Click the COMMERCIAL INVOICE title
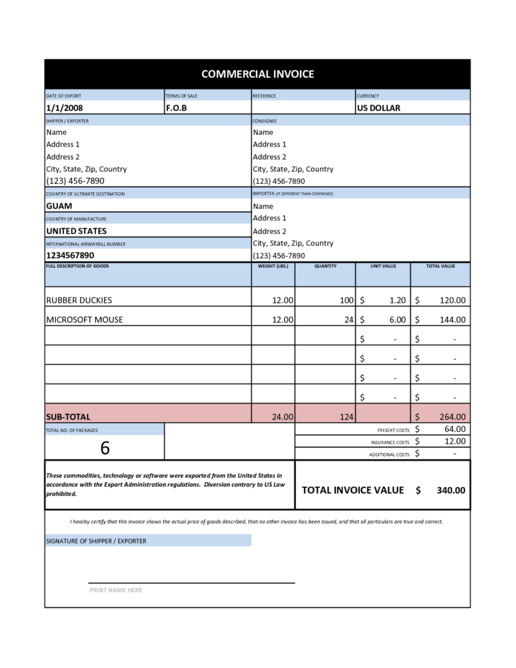click(257, 74)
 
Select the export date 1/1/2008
click(65, 108)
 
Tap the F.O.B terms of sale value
click(176, 108)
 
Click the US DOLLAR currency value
click(378, 108)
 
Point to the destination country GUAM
click(59, 206)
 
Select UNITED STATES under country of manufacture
click(76, 231)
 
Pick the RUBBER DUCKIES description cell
click(78, 300)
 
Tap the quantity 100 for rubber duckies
click(345, 300)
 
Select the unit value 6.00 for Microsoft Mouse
click(397, 320)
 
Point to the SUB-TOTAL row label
click(68, 417)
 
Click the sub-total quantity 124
click(345, 417)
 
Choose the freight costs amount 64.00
click(455, 429)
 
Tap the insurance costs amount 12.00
click(455, 441)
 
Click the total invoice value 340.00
click(451, 490)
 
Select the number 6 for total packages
click(105, 448)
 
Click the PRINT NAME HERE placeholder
click(116, 590)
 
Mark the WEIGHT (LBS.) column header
click(272, 266)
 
